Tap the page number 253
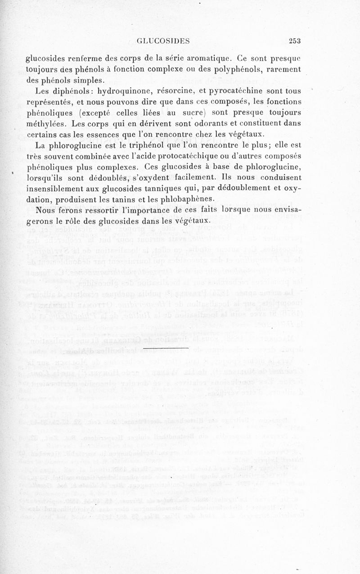295,41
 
